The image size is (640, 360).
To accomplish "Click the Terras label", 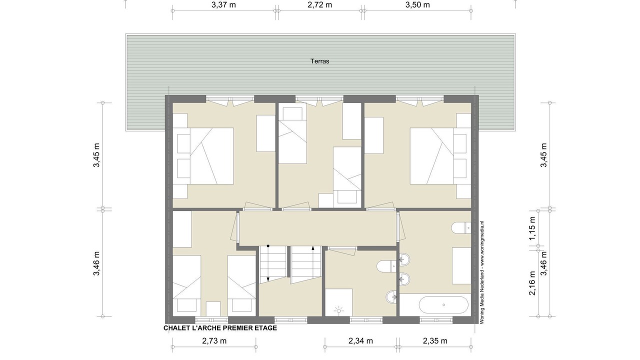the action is click(319, 61).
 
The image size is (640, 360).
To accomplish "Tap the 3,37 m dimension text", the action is click(223, 5).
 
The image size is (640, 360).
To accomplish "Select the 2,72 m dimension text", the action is click(319, 5).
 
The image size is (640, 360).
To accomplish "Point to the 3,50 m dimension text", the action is click(417, 5).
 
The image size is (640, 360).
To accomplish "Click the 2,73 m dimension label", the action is click(214, 341).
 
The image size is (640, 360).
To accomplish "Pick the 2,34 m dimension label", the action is click(360, 341).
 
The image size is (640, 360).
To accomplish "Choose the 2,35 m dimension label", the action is click(435, 341).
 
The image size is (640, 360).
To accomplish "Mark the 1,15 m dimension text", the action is click(532, 228).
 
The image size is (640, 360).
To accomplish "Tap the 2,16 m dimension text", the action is click(532, 283).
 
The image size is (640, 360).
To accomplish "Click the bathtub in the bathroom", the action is click(443, 305).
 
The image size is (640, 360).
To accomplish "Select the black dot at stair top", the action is click(268, 246).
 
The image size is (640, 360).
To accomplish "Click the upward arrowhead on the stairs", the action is click(313, 248).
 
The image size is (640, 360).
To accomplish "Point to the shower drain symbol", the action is click(339, 310).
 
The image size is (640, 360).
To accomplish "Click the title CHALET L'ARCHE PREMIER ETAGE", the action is click(220, 328).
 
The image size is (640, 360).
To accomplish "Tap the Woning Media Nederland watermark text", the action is click(481, 272).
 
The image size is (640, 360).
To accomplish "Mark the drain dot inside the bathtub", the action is click(443, 305).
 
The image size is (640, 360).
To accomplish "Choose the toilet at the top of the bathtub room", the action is click(461, 228).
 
